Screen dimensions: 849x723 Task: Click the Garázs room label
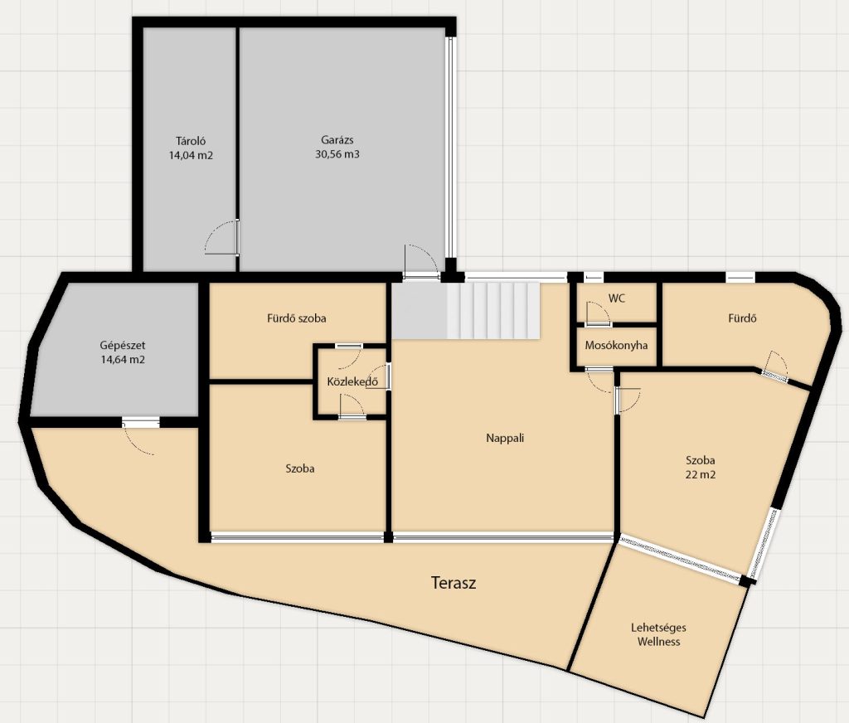(337, 140)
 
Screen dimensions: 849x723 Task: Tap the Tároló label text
(191, 141)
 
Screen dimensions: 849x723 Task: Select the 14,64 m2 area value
(123, 360)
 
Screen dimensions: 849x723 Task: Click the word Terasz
(454, 583)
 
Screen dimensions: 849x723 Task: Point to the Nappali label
(505, 438)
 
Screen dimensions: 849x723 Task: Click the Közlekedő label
(352, 381)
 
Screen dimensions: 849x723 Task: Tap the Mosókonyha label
(616, 345)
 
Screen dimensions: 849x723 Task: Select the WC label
(617, 298)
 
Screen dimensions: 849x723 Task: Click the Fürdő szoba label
(297, 318)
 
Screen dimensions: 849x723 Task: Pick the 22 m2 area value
(700, 474)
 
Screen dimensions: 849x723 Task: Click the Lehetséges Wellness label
(658, 635)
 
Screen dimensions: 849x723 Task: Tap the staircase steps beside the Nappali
(493, 310)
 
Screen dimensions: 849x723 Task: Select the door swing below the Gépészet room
(139, 436)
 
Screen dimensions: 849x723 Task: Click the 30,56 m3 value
(337, 154)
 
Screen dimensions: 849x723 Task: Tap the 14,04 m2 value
(191, 155)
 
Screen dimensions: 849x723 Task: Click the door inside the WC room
(598, 313)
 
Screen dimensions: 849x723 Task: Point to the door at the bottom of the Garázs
(421, 261)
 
